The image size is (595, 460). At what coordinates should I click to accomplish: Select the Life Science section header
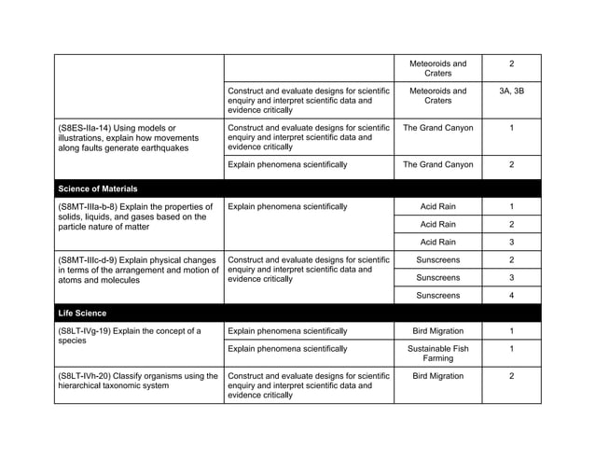click(x=81, y=313)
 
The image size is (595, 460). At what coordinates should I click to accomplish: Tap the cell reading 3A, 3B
click(x=511, y=91)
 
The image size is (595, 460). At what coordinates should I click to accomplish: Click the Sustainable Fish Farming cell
click(x=437, y=354)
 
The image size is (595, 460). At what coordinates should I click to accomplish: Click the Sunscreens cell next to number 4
click(x=437, y=295)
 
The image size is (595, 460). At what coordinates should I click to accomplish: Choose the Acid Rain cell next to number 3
click(x=437, y=242)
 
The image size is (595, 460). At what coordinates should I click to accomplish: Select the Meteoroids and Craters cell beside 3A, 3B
click(x=437, y=97)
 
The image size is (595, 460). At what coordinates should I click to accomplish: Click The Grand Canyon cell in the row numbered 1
click(x=437, y=128)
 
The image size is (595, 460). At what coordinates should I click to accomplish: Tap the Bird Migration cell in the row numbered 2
click(x=437, y=376)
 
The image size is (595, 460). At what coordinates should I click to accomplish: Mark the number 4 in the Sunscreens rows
click(x=511, y=295)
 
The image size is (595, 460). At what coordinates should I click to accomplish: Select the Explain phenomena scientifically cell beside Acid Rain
click(x=287, y=206)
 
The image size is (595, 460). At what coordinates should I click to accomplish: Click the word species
click(x=74, y=342)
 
